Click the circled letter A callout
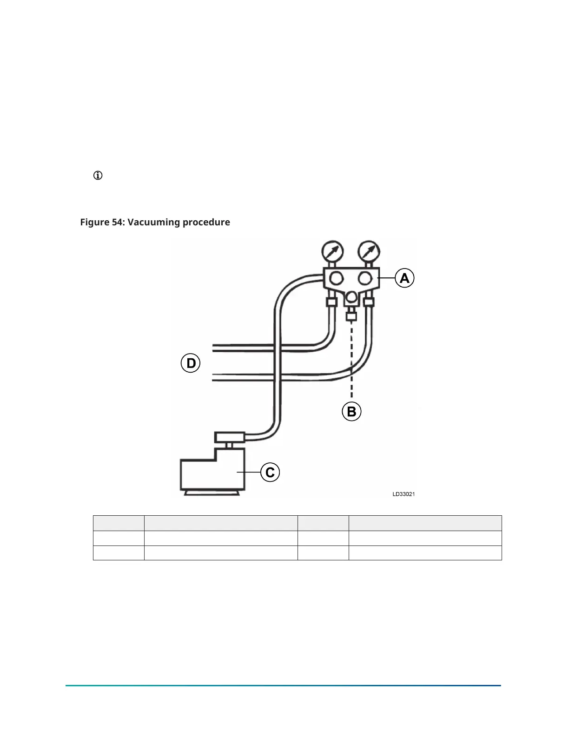pos(404,278)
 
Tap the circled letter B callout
pos(351,412)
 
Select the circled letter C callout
pos(270,473)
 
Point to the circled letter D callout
pos(191,363)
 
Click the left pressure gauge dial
pos(333,251)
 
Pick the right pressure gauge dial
pos(369,251)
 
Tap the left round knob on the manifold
pos(336,278)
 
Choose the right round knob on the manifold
pos(365,278)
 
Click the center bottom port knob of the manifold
pos(351,296)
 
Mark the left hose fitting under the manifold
pos(331,302)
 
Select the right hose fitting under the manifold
pos(369,302)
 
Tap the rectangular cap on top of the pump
pos(229,437)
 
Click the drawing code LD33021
pos(404,494)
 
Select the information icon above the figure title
pos(98,176)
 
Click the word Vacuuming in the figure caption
pos(153,222)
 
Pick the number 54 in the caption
pos(117,222)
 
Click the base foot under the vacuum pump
pos(212,493)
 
